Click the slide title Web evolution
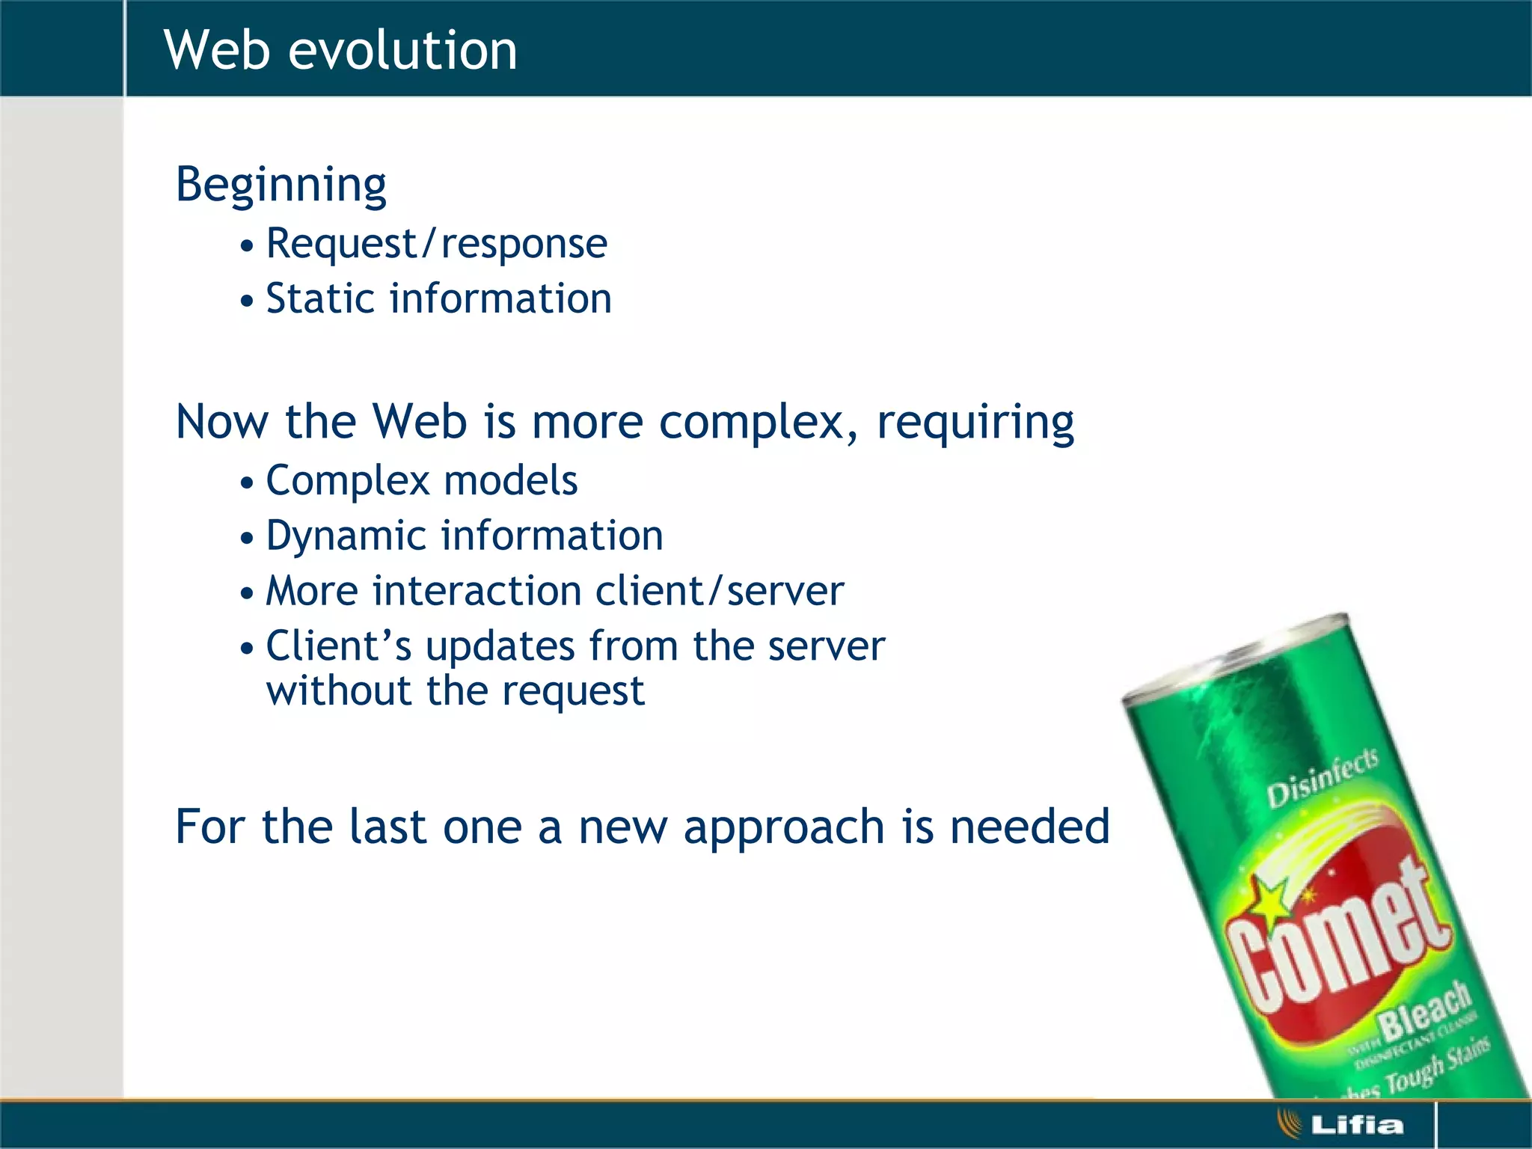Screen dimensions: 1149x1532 pos(340,50)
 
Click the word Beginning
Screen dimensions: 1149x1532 pos(281,185)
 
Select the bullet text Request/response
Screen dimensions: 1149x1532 pos(437,244)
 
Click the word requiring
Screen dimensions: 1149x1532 pos(975,423)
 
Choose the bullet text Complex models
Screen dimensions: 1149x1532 pos(422,480)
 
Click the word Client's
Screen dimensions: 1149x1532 pos(338,646)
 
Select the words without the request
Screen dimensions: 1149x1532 pos(455,690)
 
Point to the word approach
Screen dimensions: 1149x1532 pos(783,827)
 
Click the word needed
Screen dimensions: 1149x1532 pos(1029,827)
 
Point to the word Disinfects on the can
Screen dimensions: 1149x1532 pos(1322,779)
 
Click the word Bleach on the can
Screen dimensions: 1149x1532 pos(1424,1010)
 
